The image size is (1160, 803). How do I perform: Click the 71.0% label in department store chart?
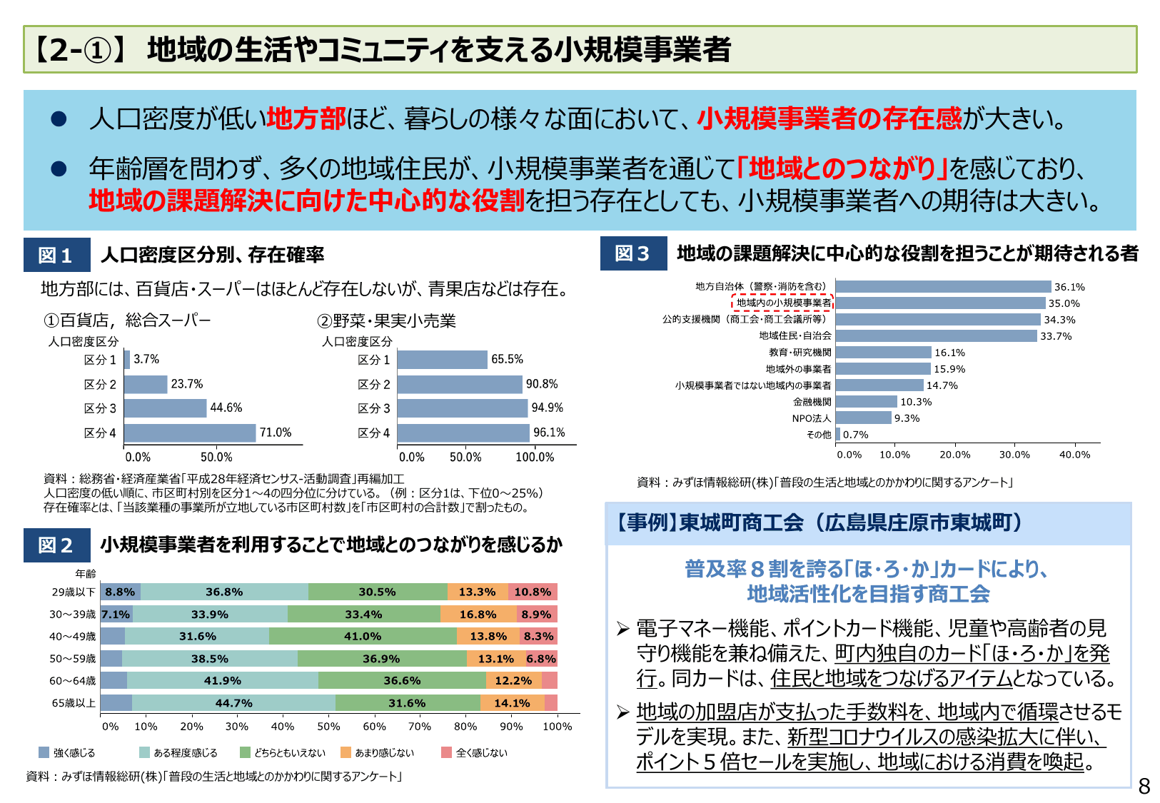pyautogui.click(x=276, y=433)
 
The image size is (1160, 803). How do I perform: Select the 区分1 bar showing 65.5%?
pyautogui.click(x=442, y=360)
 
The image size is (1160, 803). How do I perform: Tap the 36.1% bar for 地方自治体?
pyautogui.click(x=943, y=287)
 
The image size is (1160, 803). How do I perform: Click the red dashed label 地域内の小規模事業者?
pyautogui.click(x=783, y=303)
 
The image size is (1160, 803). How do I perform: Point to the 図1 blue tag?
pyautogui.click(x=56, y=255)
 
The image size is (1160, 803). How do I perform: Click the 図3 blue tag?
pyautogui.click(x=633, y=253)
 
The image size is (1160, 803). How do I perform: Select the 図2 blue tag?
pyautogui.click(x=56, y=545)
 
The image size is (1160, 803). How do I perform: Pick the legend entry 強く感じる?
pyautogui.click(x=67, y=752)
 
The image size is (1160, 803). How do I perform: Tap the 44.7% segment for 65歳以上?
pyautogui.click(x=233, y=703)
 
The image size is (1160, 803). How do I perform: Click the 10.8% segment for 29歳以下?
pyautogui.click(x=533, y=592)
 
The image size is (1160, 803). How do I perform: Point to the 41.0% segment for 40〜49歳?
pyautogui.click(x=363, y=636)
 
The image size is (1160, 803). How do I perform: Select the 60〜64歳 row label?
pyautogui.click(x=72, y=681)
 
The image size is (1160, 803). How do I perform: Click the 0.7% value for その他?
pyautogui.click(x=855, y=435)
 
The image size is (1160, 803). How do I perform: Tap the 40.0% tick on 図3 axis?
pyautogui.click(x=1074, y=455)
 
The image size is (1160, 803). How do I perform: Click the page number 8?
pyautogui.click(x=1144, y=787)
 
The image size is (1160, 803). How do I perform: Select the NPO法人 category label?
pyautogui.click(x=811, y=418)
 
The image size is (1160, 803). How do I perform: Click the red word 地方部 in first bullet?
pyautogui.click(x=306, y=118)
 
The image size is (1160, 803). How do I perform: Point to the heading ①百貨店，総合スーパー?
pyautogui.click(x=127, y=320)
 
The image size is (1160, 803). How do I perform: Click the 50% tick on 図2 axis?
pyautogui.click(x=328, y=727)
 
